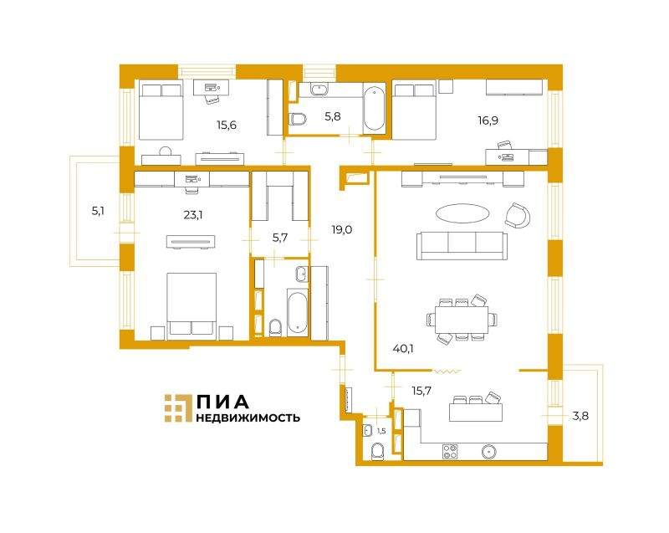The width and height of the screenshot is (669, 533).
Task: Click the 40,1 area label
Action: (403, 349)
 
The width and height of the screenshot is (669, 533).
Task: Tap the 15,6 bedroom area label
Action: (227, 125)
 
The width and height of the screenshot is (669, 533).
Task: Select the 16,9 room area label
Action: (488, 120)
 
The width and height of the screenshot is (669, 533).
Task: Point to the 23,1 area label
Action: (193, 215)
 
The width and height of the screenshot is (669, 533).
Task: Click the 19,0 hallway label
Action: (342, 230)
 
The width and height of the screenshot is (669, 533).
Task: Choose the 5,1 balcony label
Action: (98, 211)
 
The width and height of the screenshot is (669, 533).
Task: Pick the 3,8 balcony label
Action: (580, 415)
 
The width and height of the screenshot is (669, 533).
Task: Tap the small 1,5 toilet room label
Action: (381, 432)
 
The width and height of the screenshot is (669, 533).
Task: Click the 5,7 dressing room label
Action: (279, 238)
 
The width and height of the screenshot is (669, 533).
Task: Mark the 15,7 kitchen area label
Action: (421, 390)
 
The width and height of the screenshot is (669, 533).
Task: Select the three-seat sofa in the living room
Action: (462, 246)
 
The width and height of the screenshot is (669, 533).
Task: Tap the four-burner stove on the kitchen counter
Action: (450, 451)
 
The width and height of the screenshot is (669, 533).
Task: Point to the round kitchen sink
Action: (488, 451)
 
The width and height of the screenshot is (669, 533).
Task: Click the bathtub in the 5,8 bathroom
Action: (374, 109)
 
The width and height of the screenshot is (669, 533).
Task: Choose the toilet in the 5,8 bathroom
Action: (298, 119)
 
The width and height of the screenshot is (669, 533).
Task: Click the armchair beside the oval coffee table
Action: (517, 216)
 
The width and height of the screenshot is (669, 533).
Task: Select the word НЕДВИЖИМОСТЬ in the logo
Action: (248, 418)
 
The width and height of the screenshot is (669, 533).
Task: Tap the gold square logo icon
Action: (178, 408)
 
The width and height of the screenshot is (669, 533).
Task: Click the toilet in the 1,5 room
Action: (378, 452)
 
